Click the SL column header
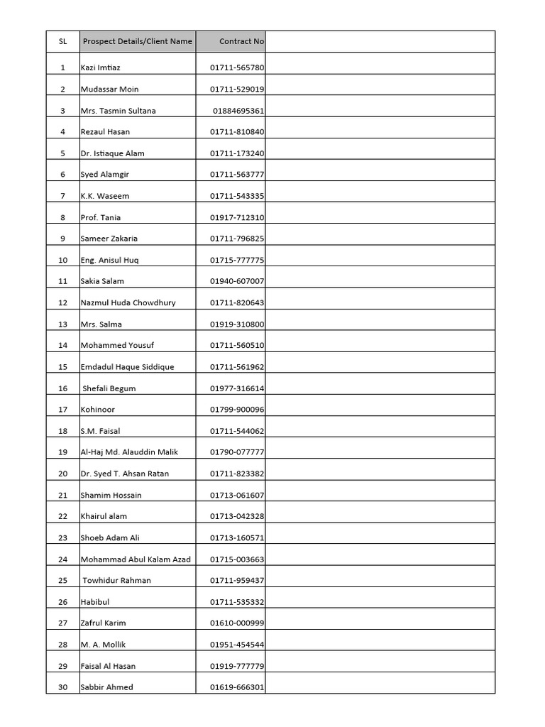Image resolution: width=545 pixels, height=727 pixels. [63, 41]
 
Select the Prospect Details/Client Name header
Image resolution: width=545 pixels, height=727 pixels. [137, 41]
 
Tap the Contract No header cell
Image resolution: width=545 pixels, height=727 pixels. [241, 41]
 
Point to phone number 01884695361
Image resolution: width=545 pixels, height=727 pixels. [238, 111]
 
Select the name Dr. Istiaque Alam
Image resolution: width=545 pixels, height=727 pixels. [113, 153]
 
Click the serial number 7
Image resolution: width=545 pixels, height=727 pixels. [63, 196]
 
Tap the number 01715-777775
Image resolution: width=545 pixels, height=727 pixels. [237, 260]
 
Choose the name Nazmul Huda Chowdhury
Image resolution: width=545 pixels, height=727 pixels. [128, 302]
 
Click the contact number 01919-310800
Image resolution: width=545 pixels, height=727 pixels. [237, 324]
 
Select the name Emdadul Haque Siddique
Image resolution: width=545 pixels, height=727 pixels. [127, 367]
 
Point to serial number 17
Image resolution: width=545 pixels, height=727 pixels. [63, 410]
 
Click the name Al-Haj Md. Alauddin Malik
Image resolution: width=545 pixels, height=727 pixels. [129, 452]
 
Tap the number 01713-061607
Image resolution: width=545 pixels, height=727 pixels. [237, 495]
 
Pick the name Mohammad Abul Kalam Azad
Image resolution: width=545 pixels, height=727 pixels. [136, 559]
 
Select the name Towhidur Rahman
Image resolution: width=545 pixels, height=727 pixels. [116, 581]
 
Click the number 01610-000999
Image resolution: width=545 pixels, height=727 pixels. [237, 623]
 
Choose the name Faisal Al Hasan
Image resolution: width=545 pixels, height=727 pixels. [108, 666]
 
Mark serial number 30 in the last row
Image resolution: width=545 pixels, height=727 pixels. [63, 687]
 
